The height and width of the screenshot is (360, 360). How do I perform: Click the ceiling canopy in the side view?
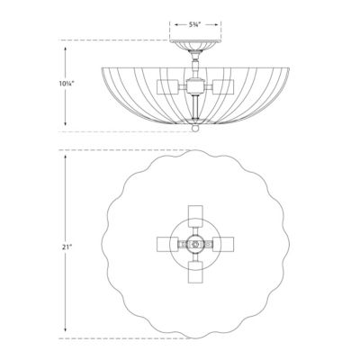pos(188,45)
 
